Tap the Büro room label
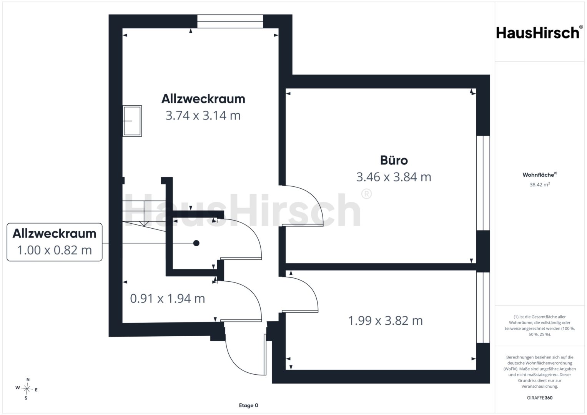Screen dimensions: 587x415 (394, 160)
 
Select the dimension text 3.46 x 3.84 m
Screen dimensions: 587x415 (394, 177)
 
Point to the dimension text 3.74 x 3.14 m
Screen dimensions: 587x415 (203, 116)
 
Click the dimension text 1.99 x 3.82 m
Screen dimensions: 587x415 (385, 321)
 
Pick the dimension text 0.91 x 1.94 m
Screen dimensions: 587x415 (168, 299)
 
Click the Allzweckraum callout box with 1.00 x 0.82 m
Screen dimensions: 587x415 (55, 242)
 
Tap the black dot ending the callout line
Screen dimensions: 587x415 (196, 243)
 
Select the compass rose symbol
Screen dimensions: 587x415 (27, 389)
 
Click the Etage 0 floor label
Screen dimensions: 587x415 (248, 405)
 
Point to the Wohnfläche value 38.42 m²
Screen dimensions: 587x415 (540, 184)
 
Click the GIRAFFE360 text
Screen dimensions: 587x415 (540, 398)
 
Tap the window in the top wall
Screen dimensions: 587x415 (230, 21)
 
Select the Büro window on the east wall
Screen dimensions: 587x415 (483, 183)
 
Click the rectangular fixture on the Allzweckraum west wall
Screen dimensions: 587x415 (132, 121)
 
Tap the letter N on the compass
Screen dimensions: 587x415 (28, 379)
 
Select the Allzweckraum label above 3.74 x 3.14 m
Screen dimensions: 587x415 (203, 99)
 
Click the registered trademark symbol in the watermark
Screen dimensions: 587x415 (366, 194)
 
